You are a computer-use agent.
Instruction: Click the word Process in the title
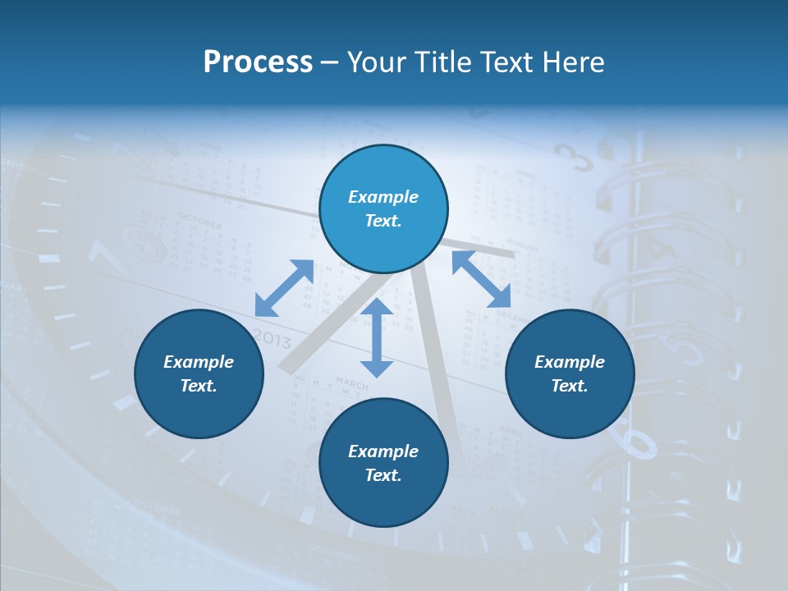pos(258,62)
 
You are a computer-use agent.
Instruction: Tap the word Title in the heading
pos(447,62)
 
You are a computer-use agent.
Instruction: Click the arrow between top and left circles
pos(284,288)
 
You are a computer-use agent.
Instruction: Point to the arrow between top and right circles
pos(481,279)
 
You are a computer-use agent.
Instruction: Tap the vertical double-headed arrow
pos(377,338)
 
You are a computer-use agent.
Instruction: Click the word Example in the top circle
pos(383,197)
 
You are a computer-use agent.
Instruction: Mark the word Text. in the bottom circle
pos(383,475)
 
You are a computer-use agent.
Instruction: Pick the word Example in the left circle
pos(199,362)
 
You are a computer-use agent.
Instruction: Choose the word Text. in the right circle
pos(570,386)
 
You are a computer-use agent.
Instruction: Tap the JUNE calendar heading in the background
pos(212,148)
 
